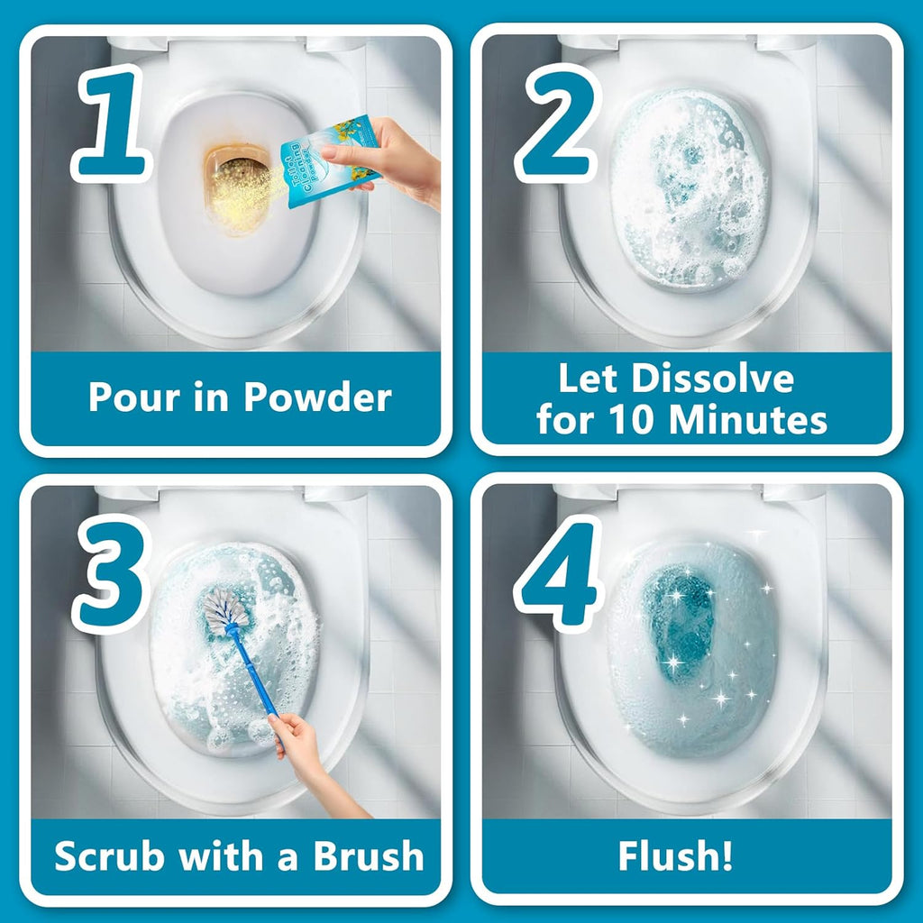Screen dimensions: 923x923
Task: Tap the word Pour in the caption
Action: pos(126,398)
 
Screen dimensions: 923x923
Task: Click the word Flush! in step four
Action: pos(675,856)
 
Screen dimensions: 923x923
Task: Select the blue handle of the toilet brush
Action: pos(255,672)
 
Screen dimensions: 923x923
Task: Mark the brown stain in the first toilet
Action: pos(236,180)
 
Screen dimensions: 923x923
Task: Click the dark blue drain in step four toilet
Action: pos(679,613)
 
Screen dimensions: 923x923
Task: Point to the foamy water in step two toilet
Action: pos(690,194)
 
